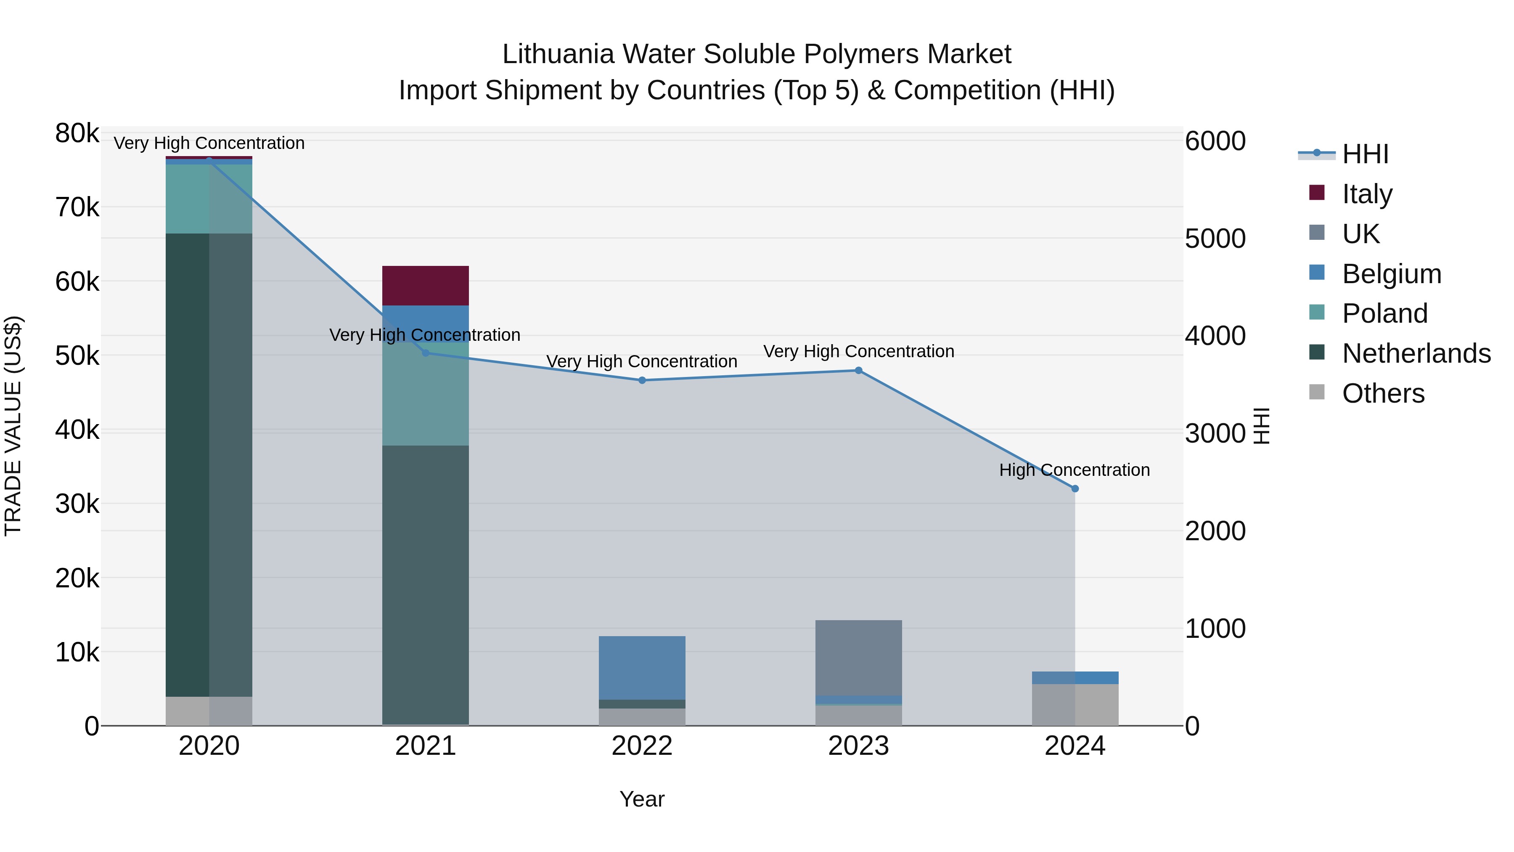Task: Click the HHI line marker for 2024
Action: (x=1075, y=488)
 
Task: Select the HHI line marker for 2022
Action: (x=642, y=380)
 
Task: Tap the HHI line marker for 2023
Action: (x=858, y=370)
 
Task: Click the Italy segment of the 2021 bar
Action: (x=426, y=286)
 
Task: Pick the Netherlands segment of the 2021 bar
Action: (x=426, y=585)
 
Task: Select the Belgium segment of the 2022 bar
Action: (x=642, y=667)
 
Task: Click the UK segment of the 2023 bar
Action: (x=858, y=657)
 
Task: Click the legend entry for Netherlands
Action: (x=1416, y=353)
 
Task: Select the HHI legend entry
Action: (x=1365, y=154)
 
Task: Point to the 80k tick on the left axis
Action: (x=77, y=133)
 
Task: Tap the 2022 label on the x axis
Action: (x=642, y=746)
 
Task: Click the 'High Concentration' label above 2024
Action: (x=1075, y=470)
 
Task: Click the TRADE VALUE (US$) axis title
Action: (x=13, y=426)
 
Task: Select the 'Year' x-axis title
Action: (x=642, y=799)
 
